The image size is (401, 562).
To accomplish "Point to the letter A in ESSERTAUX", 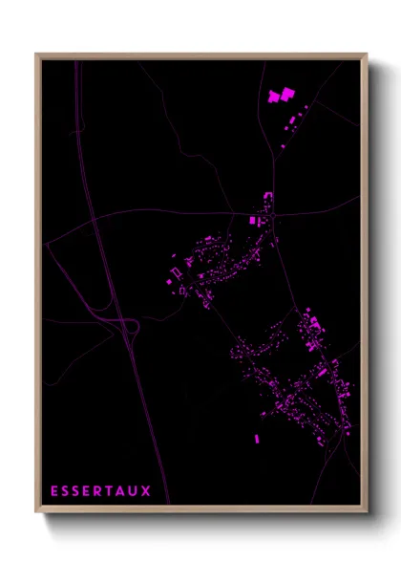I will [120, 491].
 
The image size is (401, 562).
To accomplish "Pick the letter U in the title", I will [133, 491].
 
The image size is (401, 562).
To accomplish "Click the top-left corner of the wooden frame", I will [36, 54].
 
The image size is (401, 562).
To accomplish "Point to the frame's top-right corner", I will [367, 54].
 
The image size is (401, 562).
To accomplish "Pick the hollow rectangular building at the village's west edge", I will [176, 274].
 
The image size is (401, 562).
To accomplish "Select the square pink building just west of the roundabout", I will [253, 221].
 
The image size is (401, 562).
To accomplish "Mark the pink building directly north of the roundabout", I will [268, 202].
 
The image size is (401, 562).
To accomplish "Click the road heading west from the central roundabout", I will [191, 212].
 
